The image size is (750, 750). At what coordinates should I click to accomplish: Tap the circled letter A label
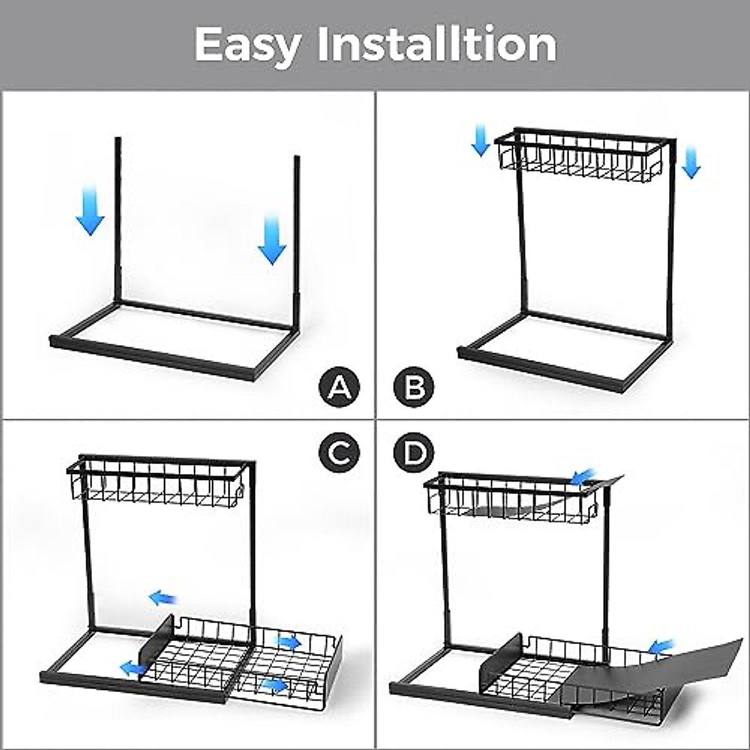339,387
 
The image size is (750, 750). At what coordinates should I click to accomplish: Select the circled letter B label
413,387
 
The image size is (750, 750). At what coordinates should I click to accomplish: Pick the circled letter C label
339,452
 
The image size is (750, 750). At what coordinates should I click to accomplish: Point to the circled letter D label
413,452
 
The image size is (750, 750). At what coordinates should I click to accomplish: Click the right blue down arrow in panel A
272,240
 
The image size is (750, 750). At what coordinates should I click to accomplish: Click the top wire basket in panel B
580,152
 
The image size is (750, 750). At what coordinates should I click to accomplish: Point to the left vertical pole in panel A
117,219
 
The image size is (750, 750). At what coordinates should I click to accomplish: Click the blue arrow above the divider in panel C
163,599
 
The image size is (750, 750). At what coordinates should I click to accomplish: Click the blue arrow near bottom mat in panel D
662,646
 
